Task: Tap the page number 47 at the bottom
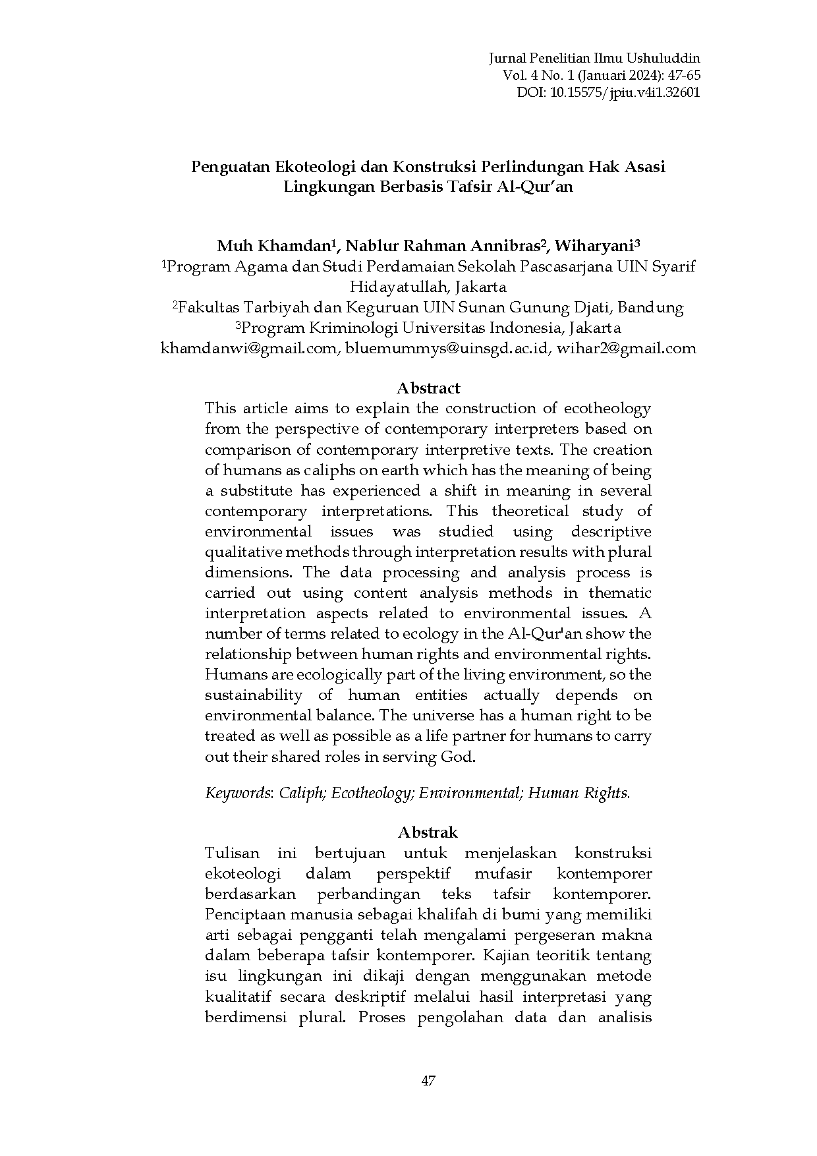428,1081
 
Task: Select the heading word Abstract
428,388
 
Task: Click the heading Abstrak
428,832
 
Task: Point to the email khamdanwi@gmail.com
248,349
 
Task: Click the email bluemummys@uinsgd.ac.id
447,349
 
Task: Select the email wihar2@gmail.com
627,349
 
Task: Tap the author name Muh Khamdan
273,246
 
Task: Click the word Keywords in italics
238,793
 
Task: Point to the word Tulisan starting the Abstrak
232,853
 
